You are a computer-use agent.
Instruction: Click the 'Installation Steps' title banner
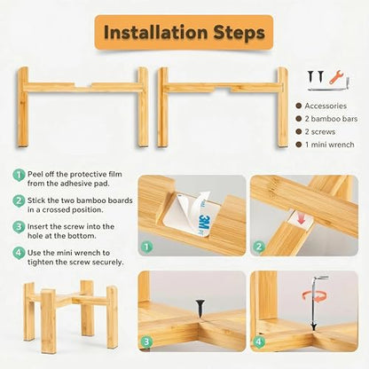pos(184,33)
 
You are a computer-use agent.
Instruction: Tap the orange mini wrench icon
pos(335,77)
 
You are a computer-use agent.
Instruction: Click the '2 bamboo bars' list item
pos(331,119)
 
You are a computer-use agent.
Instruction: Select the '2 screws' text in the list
pos(320,131)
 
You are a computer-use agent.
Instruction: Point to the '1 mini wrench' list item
pos(330,145)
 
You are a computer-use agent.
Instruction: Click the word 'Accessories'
pos(326,106)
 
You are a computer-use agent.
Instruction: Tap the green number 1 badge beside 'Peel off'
pos(19,175)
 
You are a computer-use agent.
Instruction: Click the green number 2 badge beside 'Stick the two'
pos(19,201)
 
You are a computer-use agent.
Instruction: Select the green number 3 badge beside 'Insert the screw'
pos(19,227)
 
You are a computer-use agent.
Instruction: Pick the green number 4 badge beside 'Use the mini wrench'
pos(19,254)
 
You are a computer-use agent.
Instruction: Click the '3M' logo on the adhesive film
pos(203,222)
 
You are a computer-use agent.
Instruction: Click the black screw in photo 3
pos(200,310)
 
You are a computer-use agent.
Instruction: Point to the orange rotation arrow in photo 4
pos(314,296)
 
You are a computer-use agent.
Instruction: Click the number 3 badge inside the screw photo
pos(146,342)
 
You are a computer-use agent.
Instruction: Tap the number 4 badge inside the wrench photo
pos(259,342)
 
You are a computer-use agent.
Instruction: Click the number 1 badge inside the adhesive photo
pos(147,247)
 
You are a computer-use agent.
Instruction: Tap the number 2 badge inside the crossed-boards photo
pos(259,247)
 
